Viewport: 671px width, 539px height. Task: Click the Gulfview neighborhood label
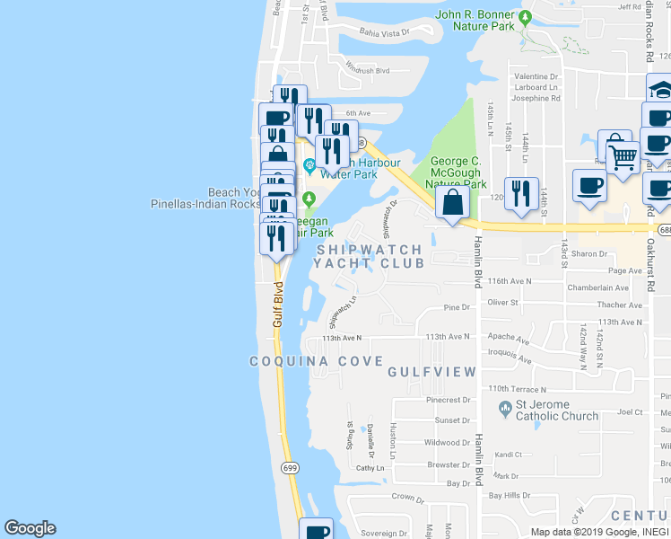(x=431, y=371)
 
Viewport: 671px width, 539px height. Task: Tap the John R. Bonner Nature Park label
(x=475, y=21)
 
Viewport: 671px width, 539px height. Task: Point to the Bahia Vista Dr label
(x=384, y=32)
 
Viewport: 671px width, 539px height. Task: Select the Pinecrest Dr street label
(x=449, y=400)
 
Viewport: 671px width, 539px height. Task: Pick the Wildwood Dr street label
(x=447, y=443)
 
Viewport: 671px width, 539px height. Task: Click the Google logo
(x=30, y=528)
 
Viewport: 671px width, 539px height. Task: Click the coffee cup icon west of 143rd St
(x=589, y=186)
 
